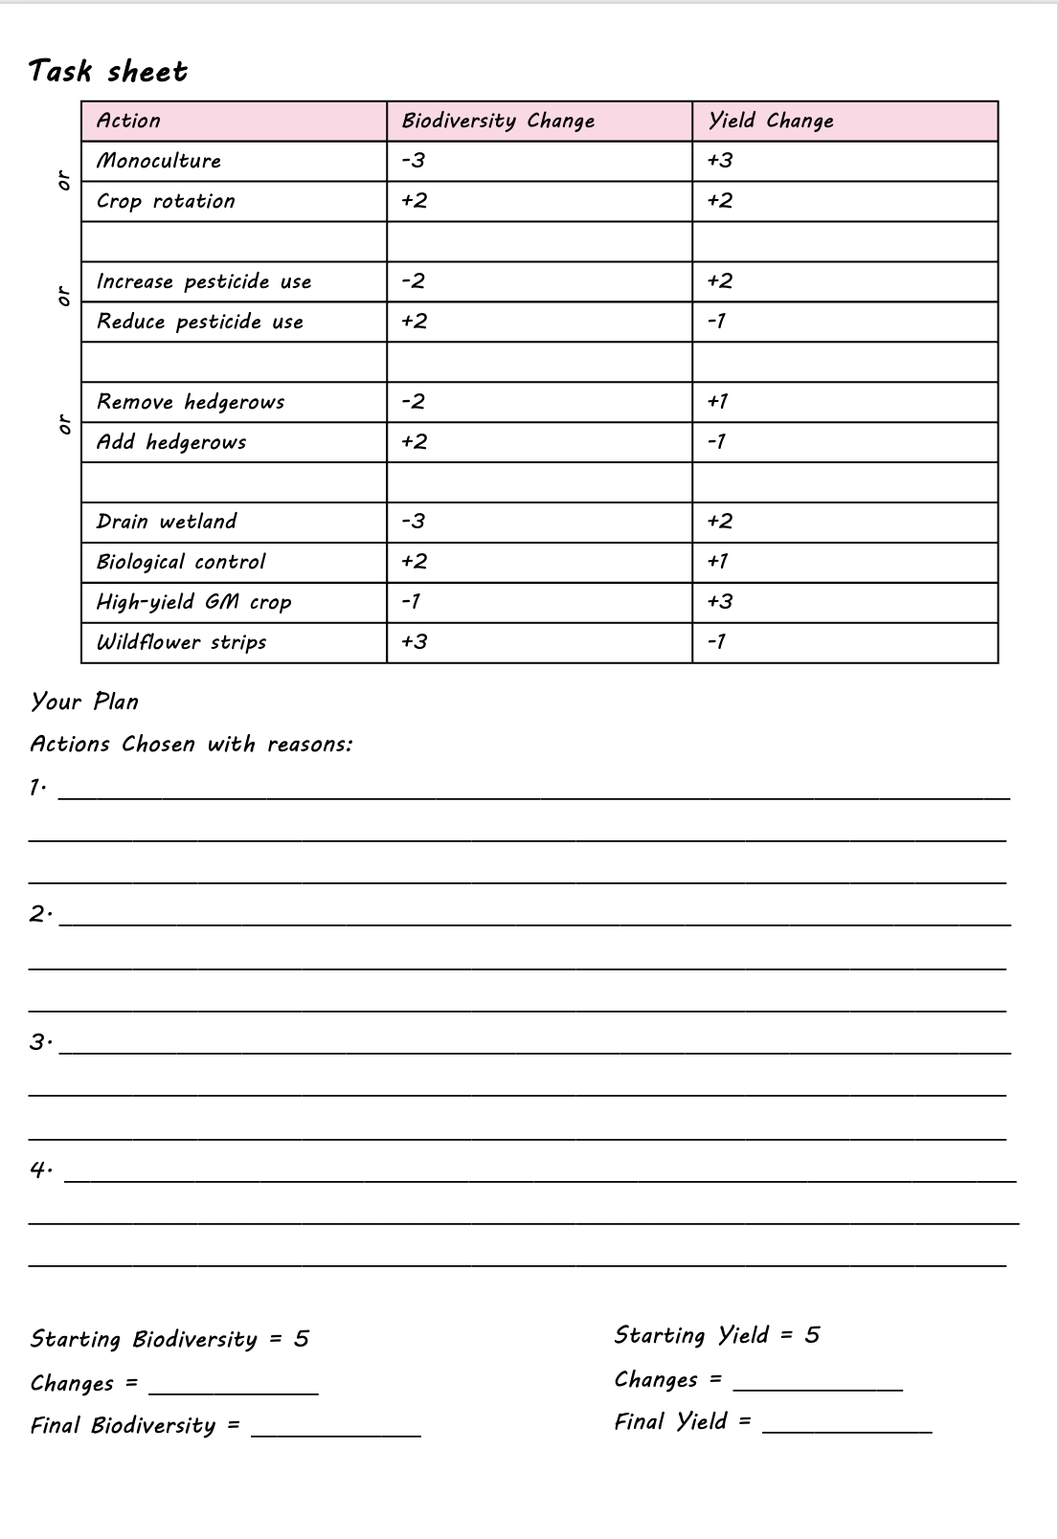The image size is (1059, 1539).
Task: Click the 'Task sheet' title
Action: pyautogui.click(x=108, y=71)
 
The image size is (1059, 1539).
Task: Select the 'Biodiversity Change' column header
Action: pyautogui.click(x=498, y=121)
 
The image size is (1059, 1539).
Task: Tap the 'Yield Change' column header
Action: pyautogui.click(x=771, y=121)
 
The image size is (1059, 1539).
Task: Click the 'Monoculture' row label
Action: pyautogui.click(x=159, y=161)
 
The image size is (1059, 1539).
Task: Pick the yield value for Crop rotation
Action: pyautogui.click(x=720, y=201)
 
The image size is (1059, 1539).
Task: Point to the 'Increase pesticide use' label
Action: pyautogui.click(x=204, y=281)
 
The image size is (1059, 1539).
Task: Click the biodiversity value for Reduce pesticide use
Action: pyautogui.click(x=415, y=322)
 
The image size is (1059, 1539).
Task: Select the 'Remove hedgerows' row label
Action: pyautogui.click(x=191, y=402)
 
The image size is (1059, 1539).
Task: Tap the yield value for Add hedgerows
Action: pyautogui.click(x=717, y=442)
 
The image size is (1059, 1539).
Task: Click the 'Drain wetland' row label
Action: pyautogui.click(x=167, y=522)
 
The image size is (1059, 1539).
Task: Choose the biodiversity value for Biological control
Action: pyautogui.click(x=415, y=562)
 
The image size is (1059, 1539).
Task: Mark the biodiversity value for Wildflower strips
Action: pyautogui.click(x=415, y=642)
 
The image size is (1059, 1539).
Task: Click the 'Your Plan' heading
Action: pyautogui.click(x=84, y=702)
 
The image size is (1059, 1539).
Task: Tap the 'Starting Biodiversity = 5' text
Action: pyautogui.click(x=169, y=1339)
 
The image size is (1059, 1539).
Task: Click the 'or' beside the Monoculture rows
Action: pyautogui.click(x=64, y=180)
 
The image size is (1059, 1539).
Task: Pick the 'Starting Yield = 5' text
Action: pyautogui.click(x=717, y=1335)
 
